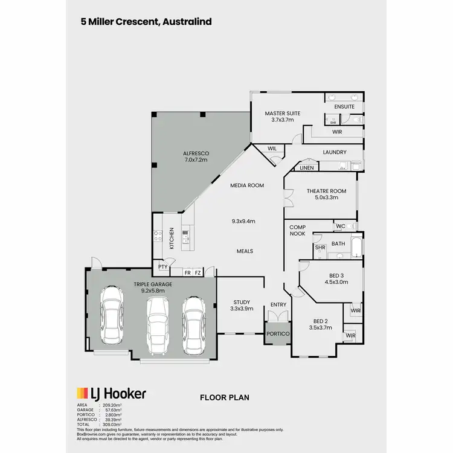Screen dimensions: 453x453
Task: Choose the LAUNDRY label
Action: [333, 153]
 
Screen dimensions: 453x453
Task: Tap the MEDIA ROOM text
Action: [247, 185]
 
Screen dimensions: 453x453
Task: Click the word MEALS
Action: [245, 251]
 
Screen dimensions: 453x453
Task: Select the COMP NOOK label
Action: [297, 230]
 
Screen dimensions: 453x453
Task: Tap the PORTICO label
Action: [278, 334]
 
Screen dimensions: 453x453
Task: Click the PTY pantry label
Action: [162, 266]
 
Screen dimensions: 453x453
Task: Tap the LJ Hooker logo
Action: [111, 394]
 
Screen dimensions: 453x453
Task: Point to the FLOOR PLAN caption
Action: [225, 397]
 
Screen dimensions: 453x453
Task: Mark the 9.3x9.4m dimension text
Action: [243, 221]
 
